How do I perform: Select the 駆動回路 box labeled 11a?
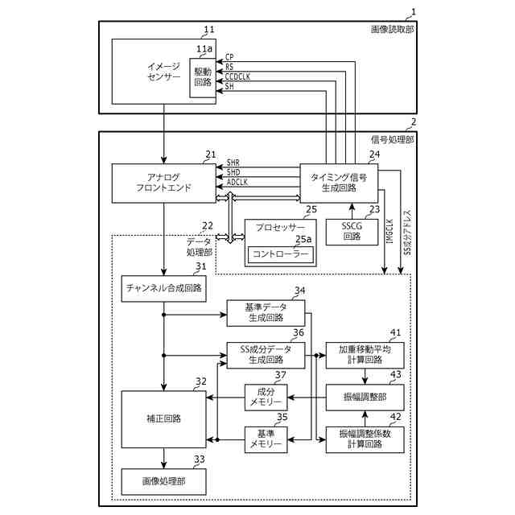click(204, 76)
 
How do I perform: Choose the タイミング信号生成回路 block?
click(339, 183)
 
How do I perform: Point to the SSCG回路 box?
click(352, 231)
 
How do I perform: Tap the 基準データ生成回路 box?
click(266, 312)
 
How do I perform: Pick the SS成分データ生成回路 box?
click(266, 354)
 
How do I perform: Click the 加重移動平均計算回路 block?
click(365, 355)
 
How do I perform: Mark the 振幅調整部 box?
click(365, 397)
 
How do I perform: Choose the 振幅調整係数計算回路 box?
click(365, 439)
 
